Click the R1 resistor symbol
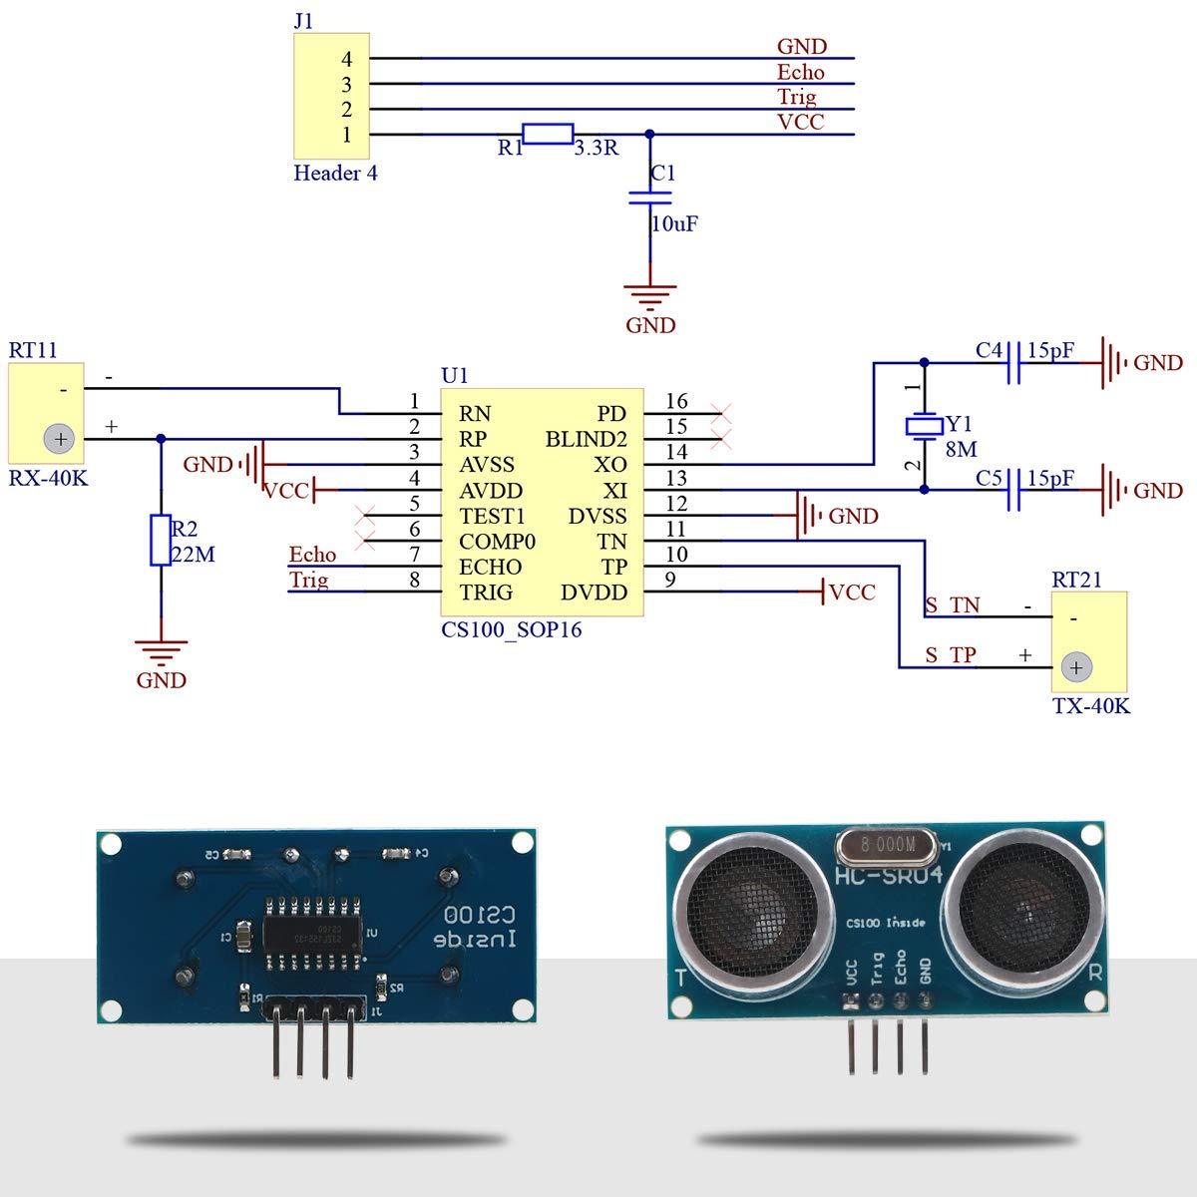coord(548,135)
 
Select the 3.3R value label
coord(596,149)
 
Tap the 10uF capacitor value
coord(674,224)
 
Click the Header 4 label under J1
coord(335,174)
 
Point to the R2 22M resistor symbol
coord(161,541)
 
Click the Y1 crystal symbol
coord(924,426)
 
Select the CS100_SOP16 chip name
coord(511,630)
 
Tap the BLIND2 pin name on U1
coord(587,439)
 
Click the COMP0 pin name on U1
coord(497,542)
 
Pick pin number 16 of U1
coord(676,401)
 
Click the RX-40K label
coord(48,478)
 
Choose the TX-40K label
coord(1091,706)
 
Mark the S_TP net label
coord(951,655)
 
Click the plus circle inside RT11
coord(60,439)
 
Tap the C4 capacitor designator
coord(989,351)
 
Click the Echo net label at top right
coord(801,72)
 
